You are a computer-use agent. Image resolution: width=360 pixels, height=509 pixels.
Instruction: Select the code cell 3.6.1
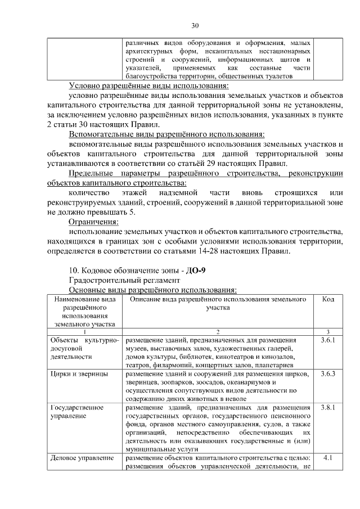tap(327, 341)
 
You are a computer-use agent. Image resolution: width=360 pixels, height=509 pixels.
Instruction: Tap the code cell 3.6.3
tap(327, 373)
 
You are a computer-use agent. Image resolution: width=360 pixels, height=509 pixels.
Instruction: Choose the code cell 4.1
tap(327, 458)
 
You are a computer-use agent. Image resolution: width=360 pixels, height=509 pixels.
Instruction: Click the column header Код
tap(328, 300)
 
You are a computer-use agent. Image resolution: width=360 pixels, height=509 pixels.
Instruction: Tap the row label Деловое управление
tap(78, 458)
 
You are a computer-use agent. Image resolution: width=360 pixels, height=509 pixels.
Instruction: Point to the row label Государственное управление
tap(74, 412)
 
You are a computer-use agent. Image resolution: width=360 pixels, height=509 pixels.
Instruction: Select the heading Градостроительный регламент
tap(124, 280)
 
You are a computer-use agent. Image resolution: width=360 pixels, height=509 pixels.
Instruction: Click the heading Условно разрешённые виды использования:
tap(148, 85)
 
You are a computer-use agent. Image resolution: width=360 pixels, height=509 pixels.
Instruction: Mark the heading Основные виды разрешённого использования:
tap(152, 289)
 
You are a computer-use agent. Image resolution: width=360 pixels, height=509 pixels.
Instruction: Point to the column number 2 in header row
tap(217, 332)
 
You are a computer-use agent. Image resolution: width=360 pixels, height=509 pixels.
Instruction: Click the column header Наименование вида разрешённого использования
tap(84, 312)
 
